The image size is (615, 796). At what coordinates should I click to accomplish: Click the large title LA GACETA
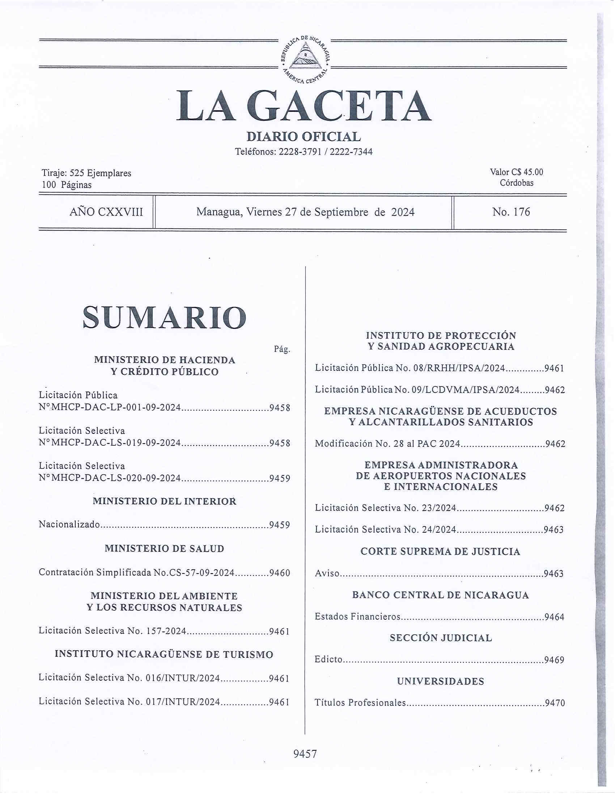click(x=304, y=106)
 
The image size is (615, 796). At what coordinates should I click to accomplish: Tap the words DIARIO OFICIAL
click(x=304, y=137)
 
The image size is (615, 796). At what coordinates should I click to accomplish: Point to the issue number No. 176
click(x=511, y=212)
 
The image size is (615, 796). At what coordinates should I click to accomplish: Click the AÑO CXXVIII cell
click(x=106, y=212)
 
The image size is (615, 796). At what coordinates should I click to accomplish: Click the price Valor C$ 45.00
click(x=516, y=172)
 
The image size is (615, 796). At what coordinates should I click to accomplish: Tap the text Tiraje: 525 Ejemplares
click(x=86, y=173)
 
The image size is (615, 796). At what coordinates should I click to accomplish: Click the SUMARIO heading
click(x=164, y=317)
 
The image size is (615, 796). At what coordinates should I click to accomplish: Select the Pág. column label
click(x=282, y=349)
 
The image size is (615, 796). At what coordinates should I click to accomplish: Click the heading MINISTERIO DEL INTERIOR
click(x=164, y=501)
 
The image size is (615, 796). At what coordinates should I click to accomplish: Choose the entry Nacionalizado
click(x=69, y=525)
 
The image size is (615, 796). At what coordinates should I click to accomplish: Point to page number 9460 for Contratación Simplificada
click(x=279, y=573)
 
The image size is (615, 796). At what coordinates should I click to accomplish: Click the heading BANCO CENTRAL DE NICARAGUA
click(x=440, y=595)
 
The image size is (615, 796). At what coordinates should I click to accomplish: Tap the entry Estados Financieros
click(x=358, y=617)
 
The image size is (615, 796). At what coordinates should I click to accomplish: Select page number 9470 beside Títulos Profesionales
click(x=555, y=703)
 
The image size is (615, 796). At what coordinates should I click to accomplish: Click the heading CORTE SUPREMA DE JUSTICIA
click(x=440, y=551)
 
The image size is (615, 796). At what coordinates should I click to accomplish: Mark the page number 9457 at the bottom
click(x=305, y=753)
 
